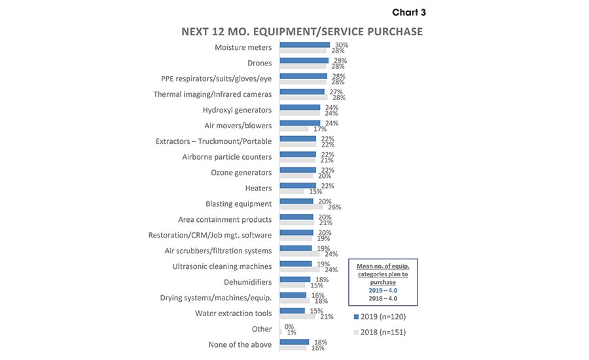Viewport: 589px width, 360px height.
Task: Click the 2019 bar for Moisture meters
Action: (304, 45)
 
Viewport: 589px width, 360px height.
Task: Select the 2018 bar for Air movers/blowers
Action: (294, 129)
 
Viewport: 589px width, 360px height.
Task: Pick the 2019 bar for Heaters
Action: (298, 186)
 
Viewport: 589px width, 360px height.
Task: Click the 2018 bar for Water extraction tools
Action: (297, 317)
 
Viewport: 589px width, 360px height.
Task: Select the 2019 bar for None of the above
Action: (294, 342)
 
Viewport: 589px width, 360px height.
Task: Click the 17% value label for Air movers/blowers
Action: (320, 129)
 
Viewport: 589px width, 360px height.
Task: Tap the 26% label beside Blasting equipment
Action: (334, 207)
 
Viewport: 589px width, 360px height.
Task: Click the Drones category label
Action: (260, 63)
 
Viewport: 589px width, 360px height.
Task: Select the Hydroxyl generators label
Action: (237, 110)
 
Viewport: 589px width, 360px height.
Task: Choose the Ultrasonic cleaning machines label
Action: (222, 266)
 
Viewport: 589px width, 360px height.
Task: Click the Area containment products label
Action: (224, 219)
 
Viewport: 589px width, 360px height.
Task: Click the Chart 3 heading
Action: (409, 12)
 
